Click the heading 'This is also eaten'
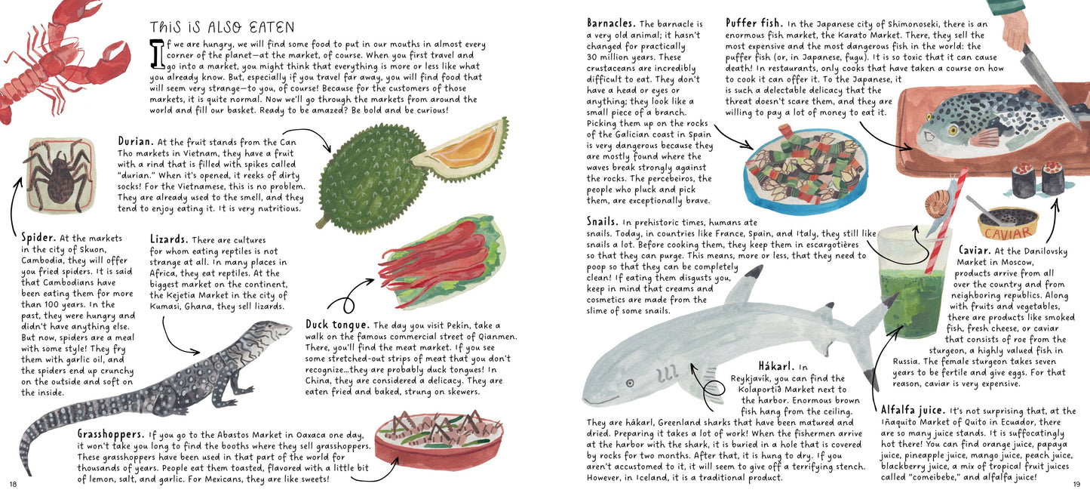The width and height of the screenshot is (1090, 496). [222, 26]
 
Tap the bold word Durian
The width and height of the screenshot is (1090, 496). [135, 141]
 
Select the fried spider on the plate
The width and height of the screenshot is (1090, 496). [59, 174]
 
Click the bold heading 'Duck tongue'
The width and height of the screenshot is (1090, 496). [336, 325]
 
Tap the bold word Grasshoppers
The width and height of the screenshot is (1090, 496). [110, 433]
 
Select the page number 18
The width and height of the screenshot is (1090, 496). [13, 484]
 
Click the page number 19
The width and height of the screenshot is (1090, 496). [1076, 484]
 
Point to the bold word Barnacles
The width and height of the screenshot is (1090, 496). [611, 23]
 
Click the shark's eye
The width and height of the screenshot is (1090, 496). [630, 383]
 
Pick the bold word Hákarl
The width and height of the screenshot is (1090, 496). [776, 366]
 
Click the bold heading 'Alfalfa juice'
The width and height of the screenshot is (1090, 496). [913, 410]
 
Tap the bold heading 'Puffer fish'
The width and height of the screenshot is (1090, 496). [754, 23]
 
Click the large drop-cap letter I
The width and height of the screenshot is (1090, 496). [157, 54]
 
